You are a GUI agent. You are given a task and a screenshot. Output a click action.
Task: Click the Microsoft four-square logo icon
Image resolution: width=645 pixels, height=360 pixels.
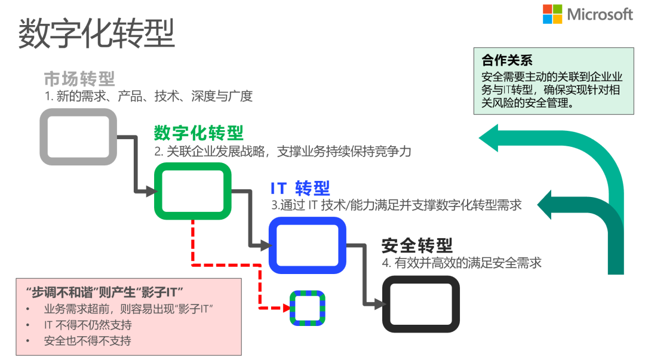(552, 14)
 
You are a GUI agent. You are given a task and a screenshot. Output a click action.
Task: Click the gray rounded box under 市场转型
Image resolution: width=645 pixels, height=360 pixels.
(78, 137)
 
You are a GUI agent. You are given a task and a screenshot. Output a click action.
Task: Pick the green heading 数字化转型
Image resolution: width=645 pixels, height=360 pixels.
(199, 133)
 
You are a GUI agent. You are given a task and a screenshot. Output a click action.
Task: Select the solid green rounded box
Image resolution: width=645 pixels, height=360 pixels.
(192, 191)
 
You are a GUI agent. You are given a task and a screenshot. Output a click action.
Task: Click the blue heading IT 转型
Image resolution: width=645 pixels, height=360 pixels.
(300, 188)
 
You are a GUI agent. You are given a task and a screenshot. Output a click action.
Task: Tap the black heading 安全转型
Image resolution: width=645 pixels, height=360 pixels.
(417, 245)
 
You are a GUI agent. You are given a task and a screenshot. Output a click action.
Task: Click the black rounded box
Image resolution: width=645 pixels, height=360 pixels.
(421, 303)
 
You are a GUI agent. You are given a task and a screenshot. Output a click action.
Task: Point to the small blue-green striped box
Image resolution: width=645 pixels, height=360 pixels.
(308, 308)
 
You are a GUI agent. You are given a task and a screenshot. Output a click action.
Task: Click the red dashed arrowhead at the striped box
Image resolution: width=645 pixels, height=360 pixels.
(286, 308)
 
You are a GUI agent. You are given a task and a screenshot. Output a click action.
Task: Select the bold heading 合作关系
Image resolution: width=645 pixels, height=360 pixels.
(507, 60)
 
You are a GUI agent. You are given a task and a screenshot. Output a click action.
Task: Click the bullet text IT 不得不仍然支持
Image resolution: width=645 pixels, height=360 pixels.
(88, 325)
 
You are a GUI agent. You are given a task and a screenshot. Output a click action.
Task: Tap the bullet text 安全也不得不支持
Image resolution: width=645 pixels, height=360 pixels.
(87, 341)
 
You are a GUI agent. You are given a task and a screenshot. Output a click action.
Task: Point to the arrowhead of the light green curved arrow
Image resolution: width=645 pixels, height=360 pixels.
(491, 139)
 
